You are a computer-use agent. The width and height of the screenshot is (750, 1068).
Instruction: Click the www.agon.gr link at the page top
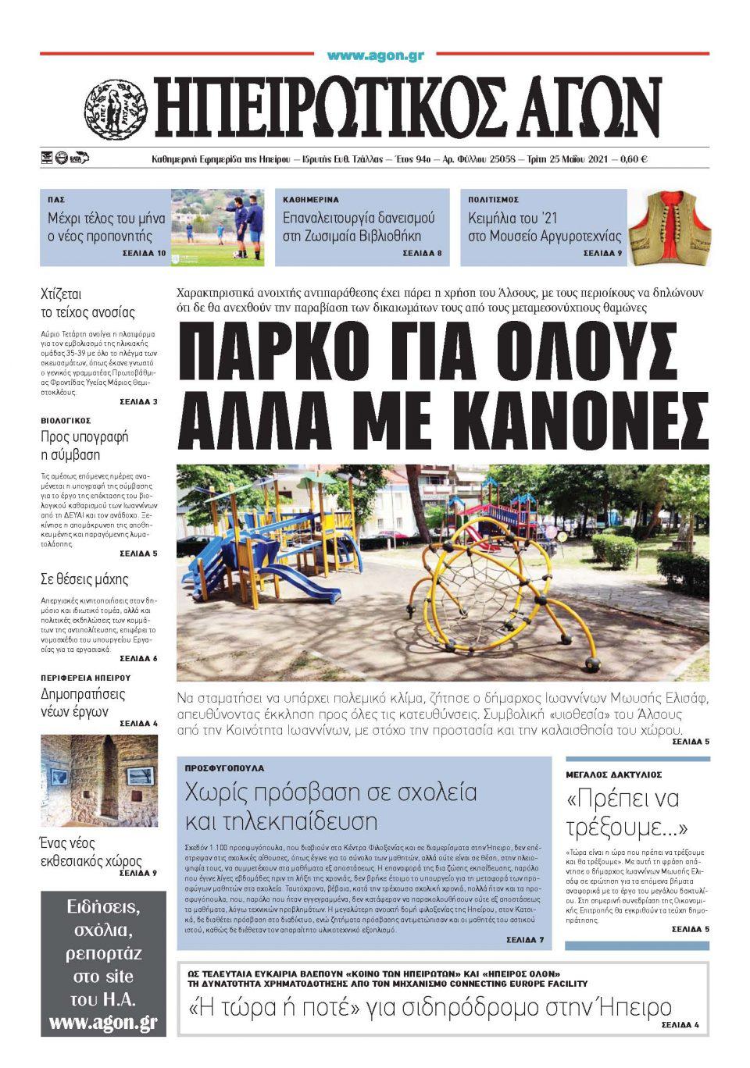pos(375,55)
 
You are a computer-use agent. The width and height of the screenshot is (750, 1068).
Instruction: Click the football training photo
pos(218,227)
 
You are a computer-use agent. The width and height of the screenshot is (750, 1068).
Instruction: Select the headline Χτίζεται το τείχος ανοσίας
pos(87,304)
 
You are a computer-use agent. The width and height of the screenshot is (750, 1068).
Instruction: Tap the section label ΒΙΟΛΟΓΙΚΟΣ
pos(66,421)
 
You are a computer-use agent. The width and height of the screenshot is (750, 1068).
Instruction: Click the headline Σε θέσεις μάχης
pos(84,579)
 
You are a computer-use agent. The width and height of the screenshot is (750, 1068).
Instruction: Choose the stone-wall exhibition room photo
pos(99,780)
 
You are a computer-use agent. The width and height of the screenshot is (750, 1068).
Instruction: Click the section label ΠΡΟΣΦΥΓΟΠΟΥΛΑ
pos(224,768)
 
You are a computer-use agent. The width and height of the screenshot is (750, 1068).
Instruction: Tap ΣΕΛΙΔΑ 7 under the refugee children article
pos(524,940)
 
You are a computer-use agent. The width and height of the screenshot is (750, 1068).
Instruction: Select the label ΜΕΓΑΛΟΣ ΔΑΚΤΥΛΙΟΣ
pos(613,774)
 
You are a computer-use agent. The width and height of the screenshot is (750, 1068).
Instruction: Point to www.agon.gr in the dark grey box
pos(103,1022)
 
